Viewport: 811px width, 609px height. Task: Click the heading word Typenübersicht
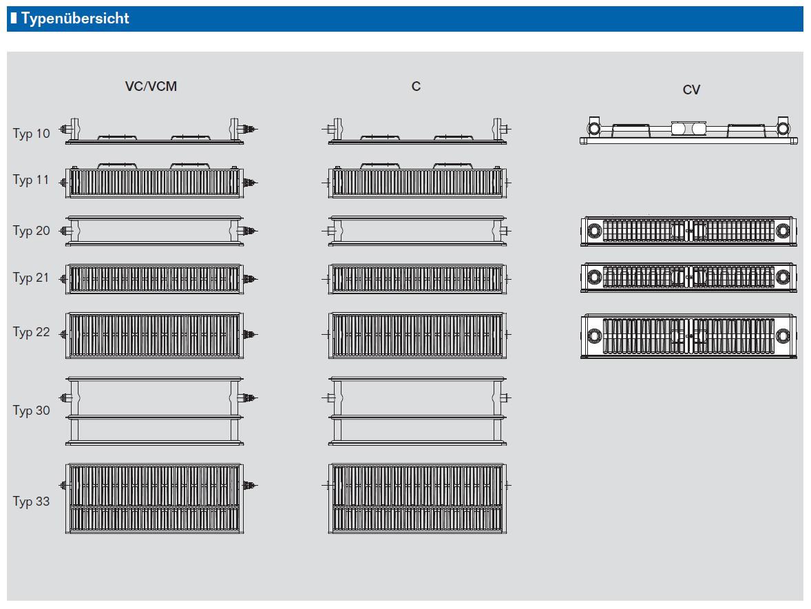point(75,19)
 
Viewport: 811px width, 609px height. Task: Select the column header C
point(416,86)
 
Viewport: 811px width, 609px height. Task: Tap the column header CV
point(691,90)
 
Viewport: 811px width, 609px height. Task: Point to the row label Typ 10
point(32,133)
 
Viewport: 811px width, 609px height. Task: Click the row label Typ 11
point(32,180)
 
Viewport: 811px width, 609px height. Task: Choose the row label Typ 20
point(32,230)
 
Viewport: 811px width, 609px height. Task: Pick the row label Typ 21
point(32,278)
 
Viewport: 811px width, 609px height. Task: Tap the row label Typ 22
point(32,332)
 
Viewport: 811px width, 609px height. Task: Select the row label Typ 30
point(32,411)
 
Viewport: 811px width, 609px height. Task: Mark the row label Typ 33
point(32,501)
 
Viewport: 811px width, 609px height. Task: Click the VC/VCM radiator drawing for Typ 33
point(154,498)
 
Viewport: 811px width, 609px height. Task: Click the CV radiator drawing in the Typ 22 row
point(688,336)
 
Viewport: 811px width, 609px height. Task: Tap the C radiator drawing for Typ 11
point(417,180)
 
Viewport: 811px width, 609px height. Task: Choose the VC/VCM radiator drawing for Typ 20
point(154,231)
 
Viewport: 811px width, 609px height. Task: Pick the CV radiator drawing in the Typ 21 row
point(688,278)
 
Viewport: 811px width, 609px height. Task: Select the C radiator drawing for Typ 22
point(417,334)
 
